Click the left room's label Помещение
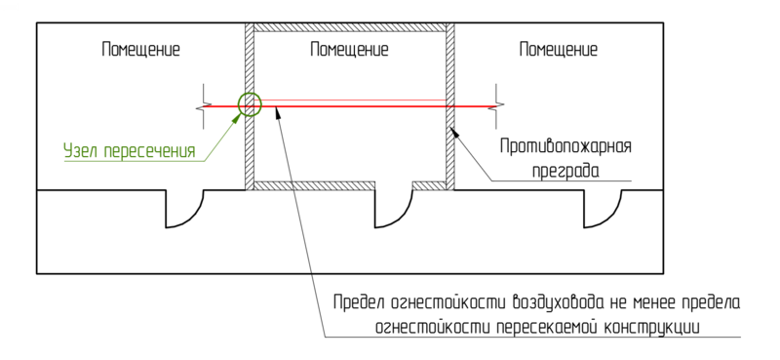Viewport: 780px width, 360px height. coord(141,49)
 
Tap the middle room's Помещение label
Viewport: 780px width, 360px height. coord(347,49)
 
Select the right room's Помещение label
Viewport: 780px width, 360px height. coord(558,49)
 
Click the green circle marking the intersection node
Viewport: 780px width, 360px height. coord(249,103)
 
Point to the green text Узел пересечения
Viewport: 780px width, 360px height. coord(131,151)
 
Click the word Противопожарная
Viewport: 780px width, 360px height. coord(565,147)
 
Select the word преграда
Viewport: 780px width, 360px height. coord(570,170)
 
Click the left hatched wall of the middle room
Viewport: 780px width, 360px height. coord(248,146)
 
